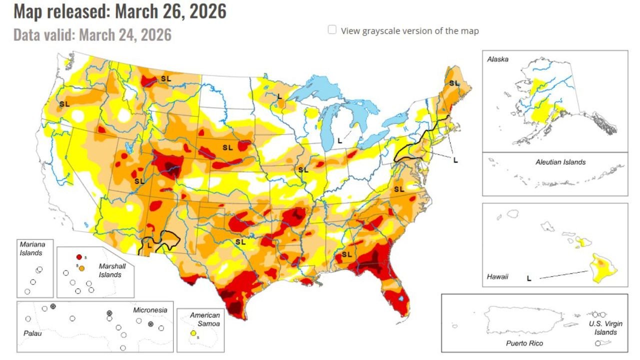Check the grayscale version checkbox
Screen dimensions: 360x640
(x=332, y=30)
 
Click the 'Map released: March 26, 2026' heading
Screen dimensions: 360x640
(x=120, y=11)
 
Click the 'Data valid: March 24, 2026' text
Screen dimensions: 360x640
(x=92, y=35)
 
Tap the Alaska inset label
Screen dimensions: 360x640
(x=497, y=59)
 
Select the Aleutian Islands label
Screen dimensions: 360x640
(x=560, y=162)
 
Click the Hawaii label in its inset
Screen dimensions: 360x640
(x=497, y=276)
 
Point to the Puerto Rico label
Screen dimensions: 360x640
(x=524, y=343)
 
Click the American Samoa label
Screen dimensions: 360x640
(x=205, y=319)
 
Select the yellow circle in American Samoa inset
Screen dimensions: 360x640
(x=192, y=333)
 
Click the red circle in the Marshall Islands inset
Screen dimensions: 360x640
(x=79, y=257)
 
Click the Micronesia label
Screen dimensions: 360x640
(x=150, y=310)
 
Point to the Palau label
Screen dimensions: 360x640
(x=33, y=332)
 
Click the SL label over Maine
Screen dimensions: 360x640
(x=454, y=83)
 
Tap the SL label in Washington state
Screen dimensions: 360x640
(x=64, y=104)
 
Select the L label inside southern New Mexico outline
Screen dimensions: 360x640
(x=149, y=244)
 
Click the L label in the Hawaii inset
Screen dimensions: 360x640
(x=529, y=278)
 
